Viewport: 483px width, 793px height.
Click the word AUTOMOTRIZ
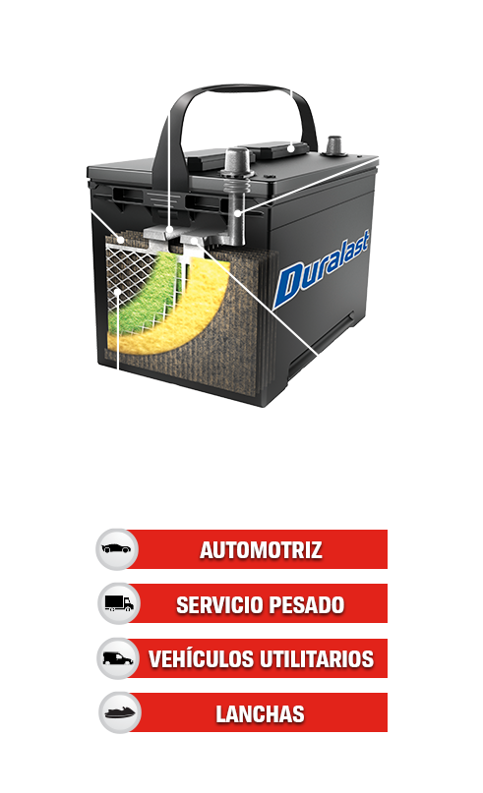[x=261, y=550]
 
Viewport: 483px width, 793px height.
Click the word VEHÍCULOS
[x=201, y=659]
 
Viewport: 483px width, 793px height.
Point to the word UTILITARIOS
[x=317, y=659]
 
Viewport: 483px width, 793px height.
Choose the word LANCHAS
[x=261, y=714]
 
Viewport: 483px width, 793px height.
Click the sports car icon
[x=116, y=548]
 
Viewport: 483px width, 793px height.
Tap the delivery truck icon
[x=119, y=602]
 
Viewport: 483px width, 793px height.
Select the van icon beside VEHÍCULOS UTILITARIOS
[x=118, y=658]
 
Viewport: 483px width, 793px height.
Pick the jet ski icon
[x=120, y=713]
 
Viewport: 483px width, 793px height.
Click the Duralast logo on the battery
[x=322, y=269]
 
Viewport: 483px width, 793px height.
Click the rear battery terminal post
[x=333, y=146]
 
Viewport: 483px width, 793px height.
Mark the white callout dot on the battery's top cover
[x=291, y=148]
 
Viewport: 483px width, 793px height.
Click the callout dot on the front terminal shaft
[x=237, y=213]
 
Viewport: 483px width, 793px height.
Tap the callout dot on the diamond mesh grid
[x=117, y=291]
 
